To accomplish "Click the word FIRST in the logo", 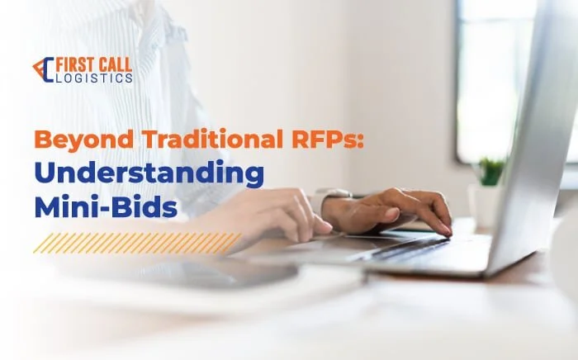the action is (x=73, y=64).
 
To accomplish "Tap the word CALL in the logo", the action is (x=114, y=64).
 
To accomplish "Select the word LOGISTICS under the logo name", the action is (x=95, y=78).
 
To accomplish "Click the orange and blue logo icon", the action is (x=44, y=69).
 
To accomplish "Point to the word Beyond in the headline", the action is (x=83, y=140).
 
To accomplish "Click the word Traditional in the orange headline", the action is (x=210, y=139).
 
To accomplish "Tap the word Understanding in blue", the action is (x=149, y=173).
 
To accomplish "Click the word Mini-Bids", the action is (x=106, y=207).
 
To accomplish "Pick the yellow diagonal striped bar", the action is (x=137, y=244).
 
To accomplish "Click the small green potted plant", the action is (x=490, y=172).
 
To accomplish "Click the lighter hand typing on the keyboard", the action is (x=266, y=215).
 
